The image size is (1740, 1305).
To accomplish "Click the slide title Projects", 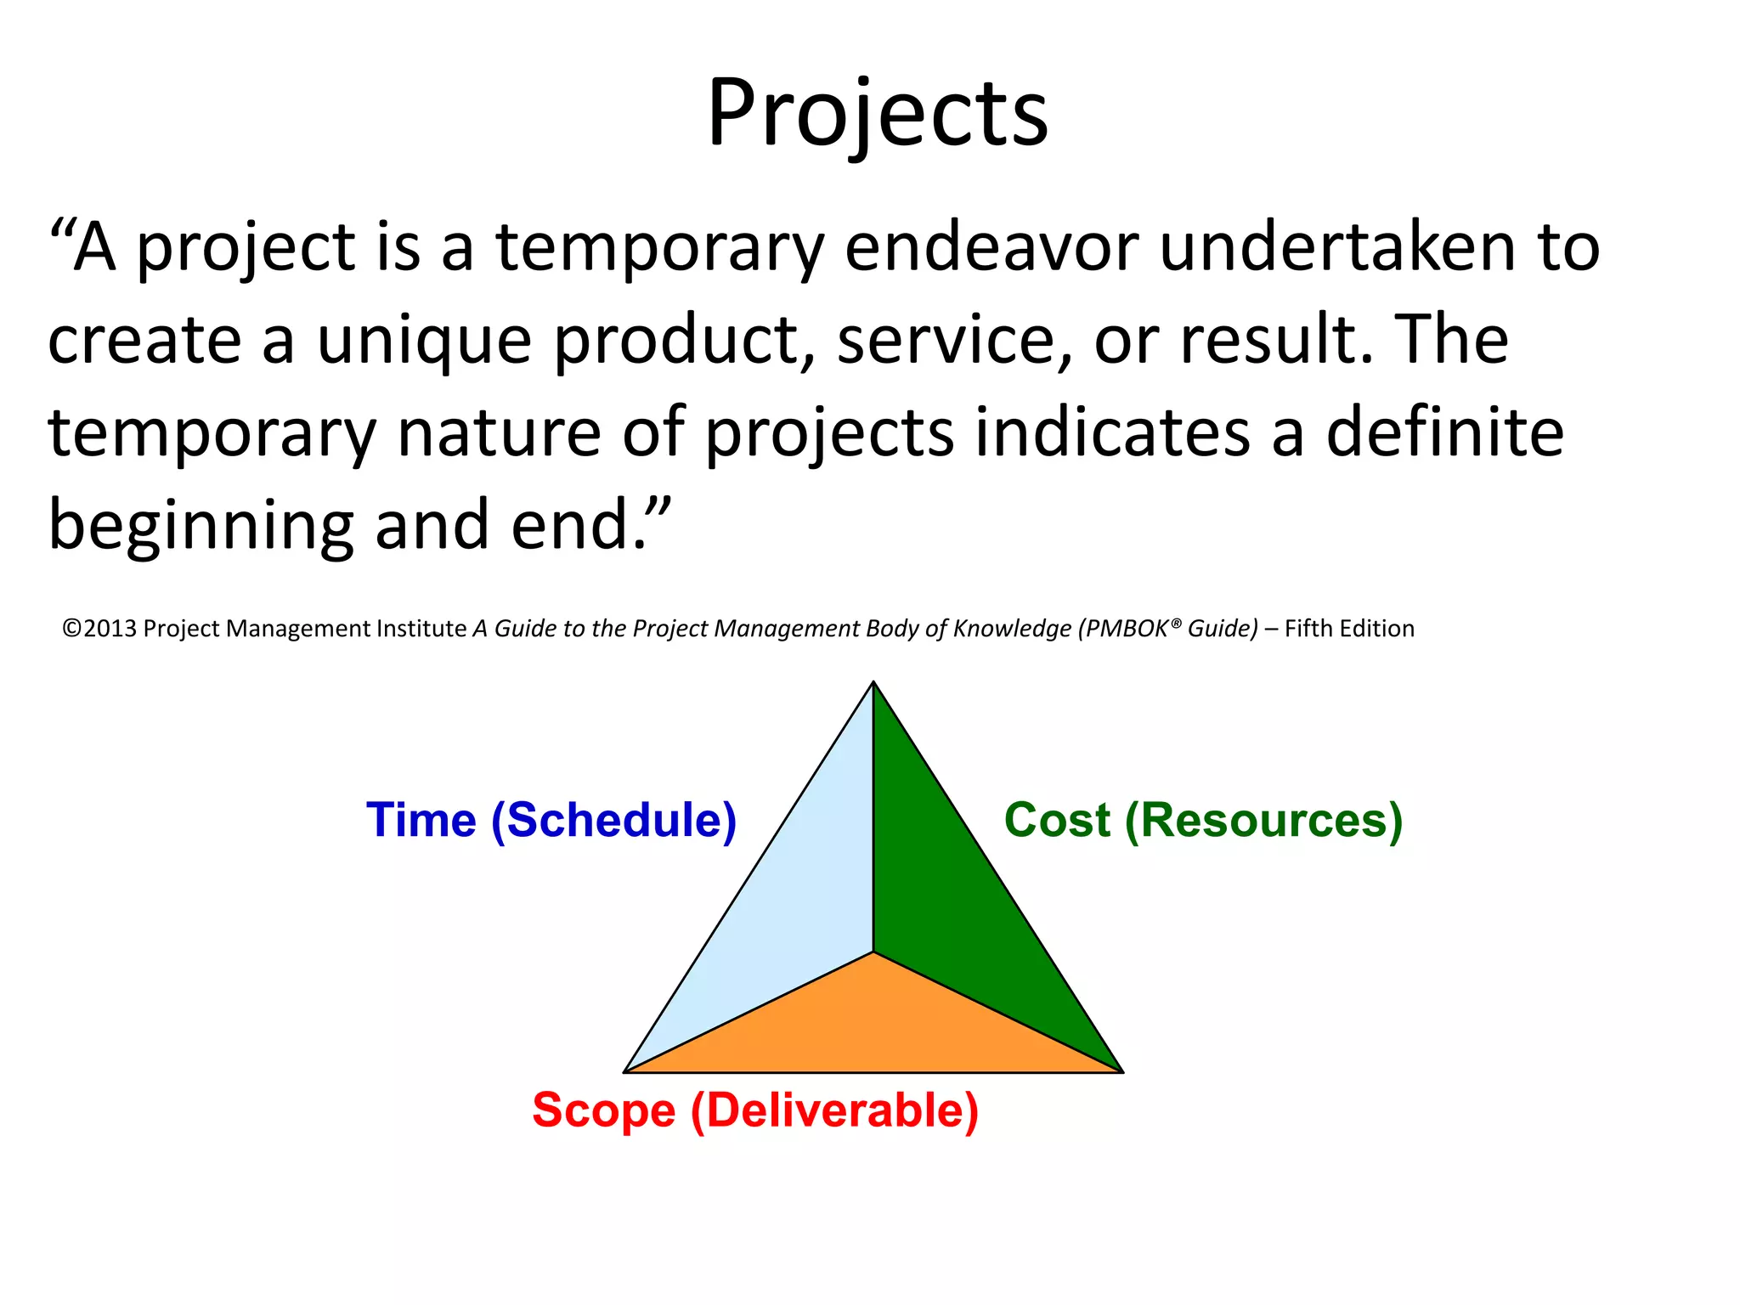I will pyautogui.click(x=877, y=115).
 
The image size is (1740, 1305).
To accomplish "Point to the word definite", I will pyautogui.click(x=1444, y=432).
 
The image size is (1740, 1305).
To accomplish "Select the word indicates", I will pyautogui.click(x=1113, y=432).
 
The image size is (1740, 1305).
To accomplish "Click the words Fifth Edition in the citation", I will pyautogui.click(x=1349, y=629).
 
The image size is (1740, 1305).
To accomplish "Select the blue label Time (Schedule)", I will pyautogui.click(x=551, y=821).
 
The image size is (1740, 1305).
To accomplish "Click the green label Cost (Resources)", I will pyautogui.click(x=1202, y=821).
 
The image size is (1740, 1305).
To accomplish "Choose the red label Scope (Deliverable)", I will pyautogui.click(x=755, y=1110).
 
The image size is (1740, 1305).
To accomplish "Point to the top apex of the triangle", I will pyautogui.click(x=873, y=684).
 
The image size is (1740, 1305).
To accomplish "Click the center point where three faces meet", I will pyautogui.click(x=873, y=952).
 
